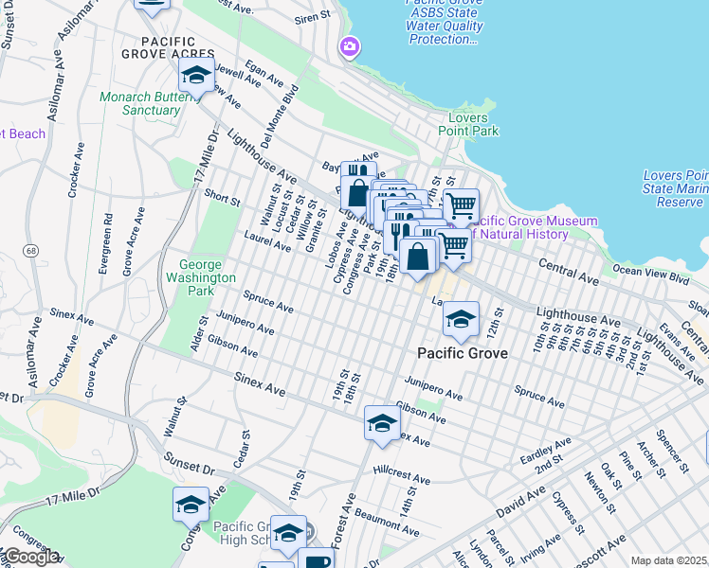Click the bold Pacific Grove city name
click(x=464, y=353)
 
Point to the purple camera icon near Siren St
click(x=350, y=46)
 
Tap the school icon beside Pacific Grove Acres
click(x=196, y=76)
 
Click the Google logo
click(x=30, y=557)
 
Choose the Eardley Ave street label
click(x=546, y=450)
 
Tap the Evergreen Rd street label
click(x=106, y=243)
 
